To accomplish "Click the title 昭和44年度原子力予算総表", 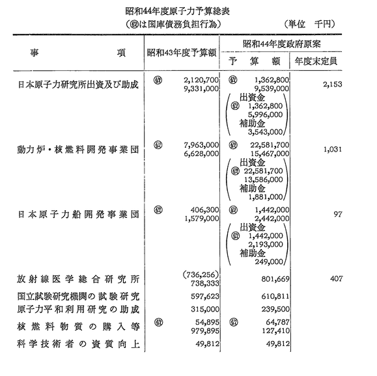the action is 178,11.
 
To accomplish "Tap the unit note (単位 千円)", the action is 309,24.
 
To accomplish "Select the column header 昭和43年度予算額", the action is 182,53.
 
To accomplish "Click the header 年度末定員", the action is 316,62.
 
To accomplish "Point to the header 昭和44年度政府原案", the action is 281,44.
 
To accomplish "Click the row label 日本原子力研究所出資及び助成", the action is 78,85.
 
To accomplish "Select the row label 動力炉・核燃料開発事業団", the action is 78,150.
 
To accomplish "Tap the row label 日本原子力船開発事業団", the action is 78,214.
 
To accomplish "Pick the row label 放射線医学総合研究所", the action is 78,279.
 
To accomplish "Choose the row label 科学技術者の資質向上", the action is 78,344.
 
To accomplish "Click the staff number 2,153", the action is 333,85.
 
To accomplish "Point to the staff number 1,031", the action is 333,149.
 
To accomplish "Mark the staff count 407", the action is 336,278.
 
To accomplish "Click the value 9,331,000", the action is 201,88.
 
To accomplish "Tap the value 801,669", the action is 275,279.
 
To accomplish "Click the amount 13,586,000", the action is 264,180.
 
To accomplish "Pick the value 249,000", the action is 269,262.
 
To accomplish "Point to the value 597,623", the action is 205,296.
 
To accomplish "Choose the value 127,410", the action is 275,331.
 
